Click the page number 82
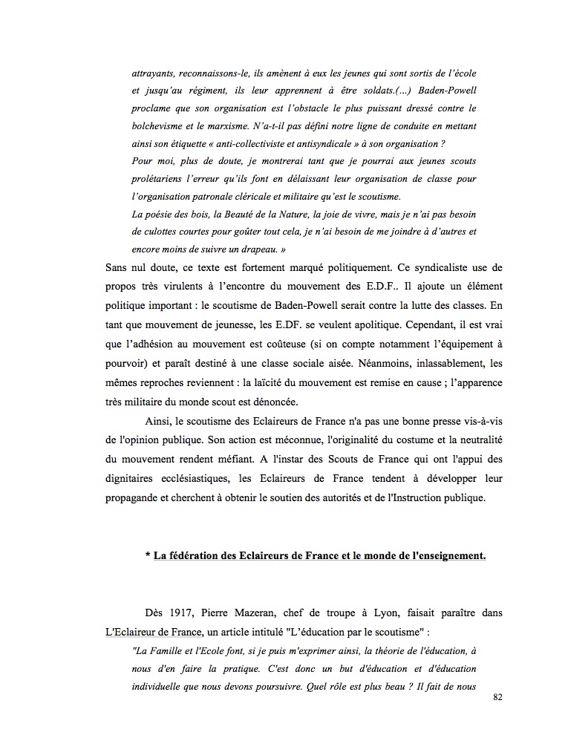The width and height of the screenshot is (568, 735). click(497, 699)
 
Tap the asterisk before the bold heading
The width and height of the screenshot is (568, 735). click(148, 556)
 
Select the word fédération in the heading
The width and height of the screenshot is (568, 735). click(187, 556)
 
